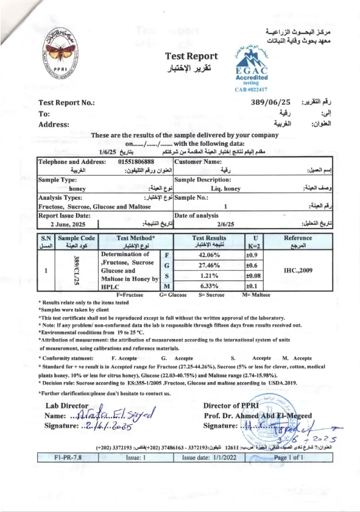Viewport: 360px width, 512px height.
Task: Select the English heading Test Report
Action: pos(191,57)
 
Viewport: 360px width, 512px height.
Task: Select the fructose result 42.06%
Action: pos(209,255)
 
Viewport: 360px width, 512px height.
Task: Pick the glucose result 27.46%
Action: pos(209,266)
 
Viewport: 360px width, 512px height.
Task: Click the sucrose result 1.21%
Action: pos(209,276)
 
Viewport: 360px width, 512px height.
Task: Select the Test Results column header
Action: pos(209,238)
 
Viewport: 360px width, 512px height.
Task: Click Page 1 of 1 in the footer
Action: pos(288,457)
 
